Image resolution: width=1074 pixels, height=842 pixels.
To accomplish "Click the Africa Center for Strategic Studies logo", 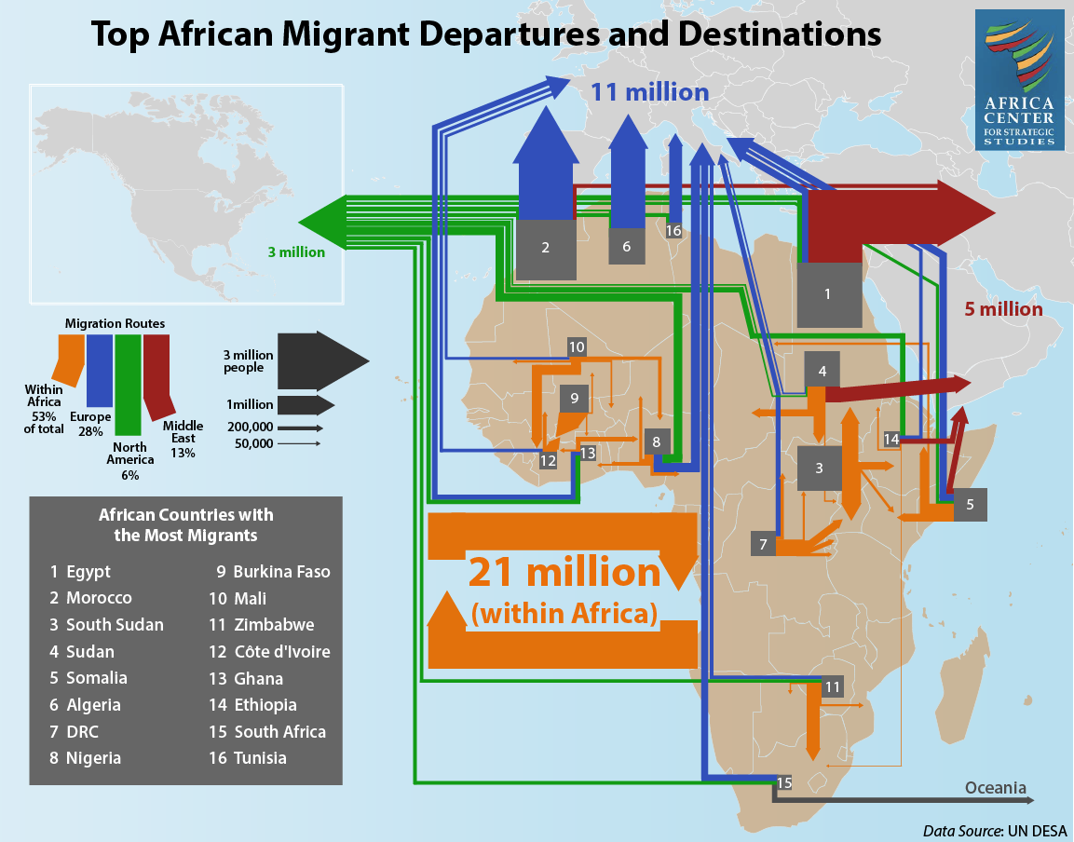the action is (x=1019, y=79).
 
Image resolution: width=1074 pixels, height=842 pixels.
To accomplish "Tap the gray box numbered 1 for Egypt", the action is (x=829, y=294).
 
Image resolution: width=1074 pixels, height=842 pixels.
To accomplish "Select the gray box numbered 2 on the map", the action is (x=545, y=250).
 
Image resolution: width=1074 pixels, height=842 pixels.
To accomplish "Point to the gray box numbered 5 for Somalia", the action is (x=970, y=504).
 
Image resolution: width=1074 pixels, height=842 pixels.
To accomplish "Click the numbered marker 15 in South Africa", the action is (x=784, y=782).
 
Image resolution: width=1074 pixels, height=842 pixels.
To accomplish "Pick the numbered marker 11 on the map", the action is (x=832, y=686).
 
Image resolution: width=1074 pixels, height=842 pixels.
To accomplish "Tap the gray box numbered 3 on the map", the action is (x=820, y=468).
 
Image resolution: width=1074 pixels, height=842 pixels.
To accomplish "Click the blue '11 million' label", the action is (x=649, y=92).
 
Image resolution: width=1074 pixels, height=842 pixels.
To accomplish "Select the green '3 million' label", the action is (x=296, y=252).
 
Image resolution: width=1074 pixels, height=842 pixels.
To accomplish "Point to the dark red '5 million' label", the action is (x=1003, y=309).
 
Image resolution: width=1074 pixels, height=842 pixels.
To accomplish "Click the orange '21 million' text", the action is (x=564, y=571).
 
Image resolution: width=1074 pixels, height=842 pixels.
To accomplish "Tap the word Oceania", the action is (x=995, y=788).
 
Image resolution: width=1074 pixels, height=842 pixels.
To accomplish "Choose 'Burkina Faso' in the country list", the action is (x=281, y=571).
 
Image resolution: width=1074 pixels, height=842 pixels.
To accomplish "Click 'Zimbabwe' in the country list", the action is (x=274, y=625).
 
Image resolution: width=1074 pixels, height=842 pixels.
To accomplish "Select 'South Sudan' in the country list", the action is (x=116, y=625).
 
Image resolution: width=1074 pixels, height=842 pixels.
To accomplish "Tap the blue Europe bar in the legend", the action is (x=100, y=371).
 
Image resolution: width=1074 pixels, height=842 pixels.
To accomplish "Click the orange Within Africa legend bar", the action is (x=70, y=360).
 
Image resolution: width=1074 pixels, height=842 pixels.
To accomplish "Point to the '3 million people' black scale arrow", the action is (x=322, y=361).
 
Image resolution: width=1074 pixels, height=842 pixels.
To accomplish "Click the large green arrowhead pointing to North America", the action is (x=322, y=222).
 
